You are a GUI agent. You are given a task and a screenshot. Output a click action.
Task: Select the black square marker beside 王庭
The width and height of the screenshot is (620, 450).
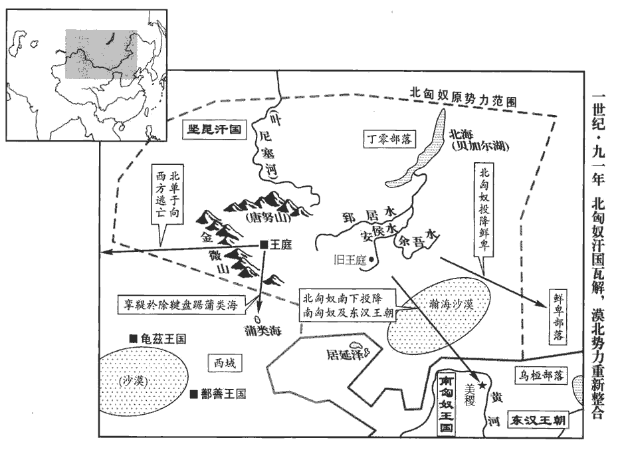264,245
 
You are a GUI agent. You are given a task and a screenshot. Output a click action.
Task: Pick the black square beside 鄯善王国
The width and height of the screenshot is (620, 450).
193,394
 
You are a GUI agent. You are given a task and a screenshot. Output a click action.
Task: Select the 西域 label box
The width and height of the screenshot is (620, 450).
225,363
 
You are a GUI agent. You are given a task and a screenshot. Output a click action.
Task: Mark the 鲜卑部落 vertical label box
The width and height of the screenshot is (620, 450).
559,316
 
